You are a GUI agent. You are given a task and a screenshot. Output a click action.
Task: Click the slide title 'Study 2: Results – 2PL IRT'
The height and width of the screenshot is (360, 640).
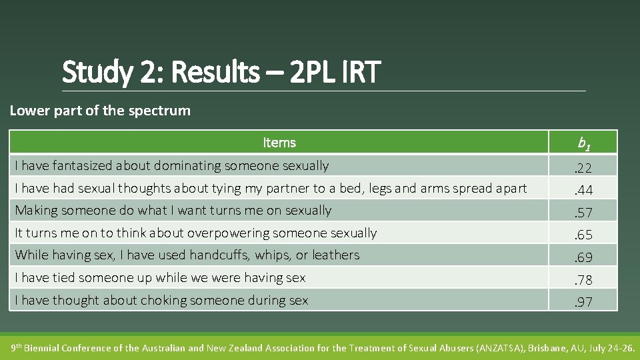click(221, 72)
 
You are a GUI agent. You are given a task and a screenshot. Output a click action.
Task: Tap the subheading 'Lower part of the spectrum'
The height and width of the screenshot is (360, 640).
click(100, 111)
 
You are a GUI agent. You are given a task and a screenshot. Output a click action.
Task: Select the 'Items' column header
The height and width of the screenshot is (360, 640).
click(279, 143)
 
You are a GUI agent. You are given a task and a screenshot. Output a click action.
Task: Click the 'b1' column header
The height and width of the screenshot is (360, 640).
click(584, 143)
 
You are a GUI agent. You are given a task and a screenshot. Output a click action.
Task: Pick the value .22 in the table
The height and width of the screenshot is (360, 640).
click(584, 167)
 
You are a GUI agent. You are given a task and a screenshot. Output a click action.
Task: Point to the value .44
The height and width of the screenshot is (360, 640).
click(584, 190)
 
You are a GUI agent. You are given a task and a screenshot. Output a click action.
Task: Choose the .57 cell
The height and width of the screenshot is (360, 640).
click(584, 212)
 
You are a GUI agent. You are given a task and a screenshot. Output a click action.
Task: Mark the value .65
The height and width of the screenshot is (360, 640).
click(584, 235)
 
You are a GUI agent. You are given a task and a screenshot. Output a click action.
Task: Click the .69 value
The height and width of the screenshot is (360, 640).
click(584, 257)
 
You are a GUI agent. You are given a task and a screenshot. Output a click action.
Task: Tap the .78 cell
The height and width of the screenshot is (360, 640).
click(584, 279)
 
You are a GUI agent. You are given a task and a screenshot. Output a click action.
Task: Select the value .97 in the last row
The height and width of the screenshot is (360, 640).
click(584, 302)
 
